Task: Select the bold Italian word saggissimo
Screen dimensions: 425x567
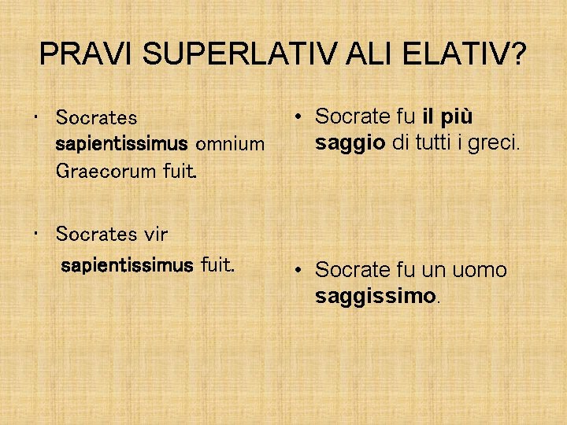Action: coord(375,297)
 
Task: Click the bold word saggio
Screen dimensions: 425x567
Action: coord(350,142)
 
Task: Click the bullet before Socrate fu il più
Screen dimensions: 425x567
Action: coord(300,116)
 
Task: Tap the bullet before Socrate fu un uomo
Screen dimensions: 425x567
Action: coord(300,270)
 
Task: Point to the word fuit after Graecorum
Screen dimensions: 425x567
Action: coord(177,170)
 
